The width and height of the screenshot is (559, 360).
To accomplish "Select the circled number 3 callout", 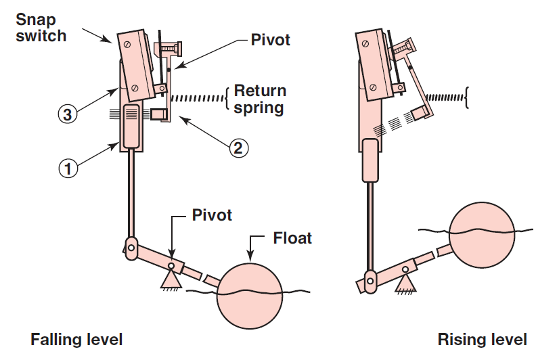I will click(x=65, y=115).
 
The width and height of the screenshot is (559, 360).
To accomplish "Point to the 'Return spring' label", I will click(x=260, y=99).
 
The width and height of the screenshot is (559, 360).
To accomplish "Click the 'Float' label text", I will click(x=292, y=238).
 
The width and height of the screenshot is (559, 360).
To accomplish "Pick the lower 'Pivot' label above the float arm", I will click(x=211, y=215).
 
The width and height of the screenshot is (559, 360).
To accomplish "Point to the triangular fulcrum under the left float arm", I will click(x=170, y=277).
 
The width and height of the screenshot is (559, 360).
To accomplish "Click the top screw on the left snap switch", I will click(x=128, y=41).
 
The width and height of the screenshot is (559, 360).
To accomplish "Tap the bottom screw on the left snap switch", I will click(x=135, y=87).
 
